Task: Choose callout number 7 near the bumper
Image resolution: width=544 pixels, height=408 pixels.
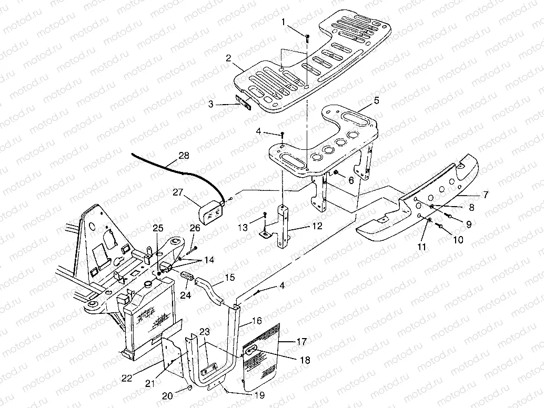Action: (x=486, y=195)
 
